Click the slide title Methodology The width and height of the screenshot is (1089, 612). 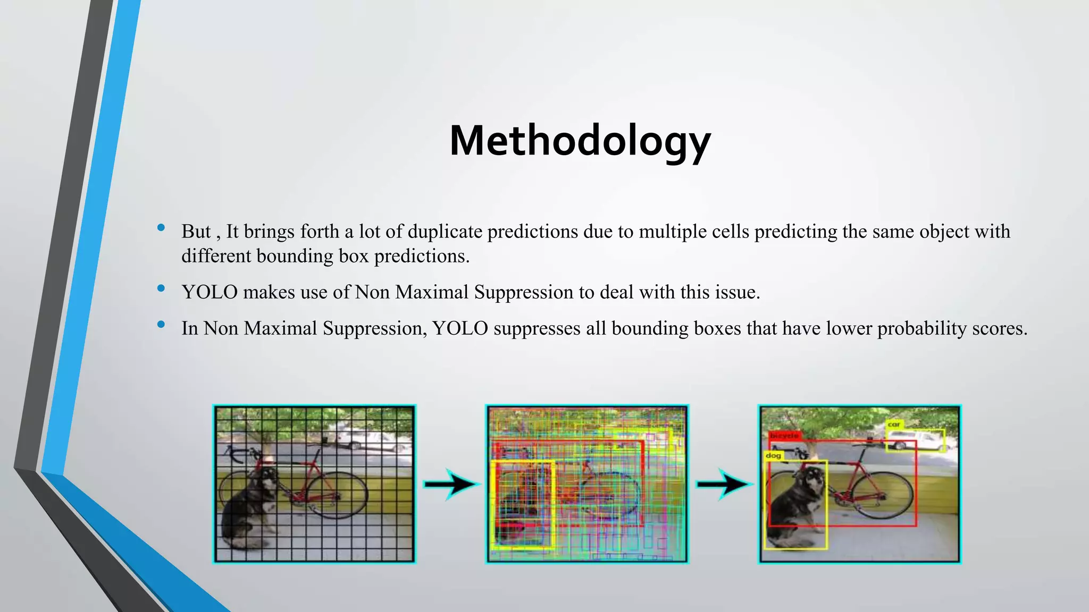[580, 141]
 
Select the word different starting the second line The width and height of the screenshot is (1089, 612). [216, 256]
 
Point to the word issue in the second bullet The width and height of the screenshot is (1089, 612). [737, 292]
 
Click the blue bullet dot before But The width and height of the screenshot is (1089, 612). [161, 228]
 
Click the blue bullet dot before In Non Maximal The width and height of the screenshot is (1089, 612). [161, 325]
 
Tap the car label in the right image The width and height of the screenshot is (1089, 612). [894, 424]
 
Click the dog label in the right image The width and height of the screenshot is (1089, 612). [773, 456]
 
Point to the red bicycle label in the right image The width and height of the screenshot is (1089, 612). [784, 436]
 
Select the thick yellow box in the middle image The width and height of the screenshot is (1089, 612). [554, 505]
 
